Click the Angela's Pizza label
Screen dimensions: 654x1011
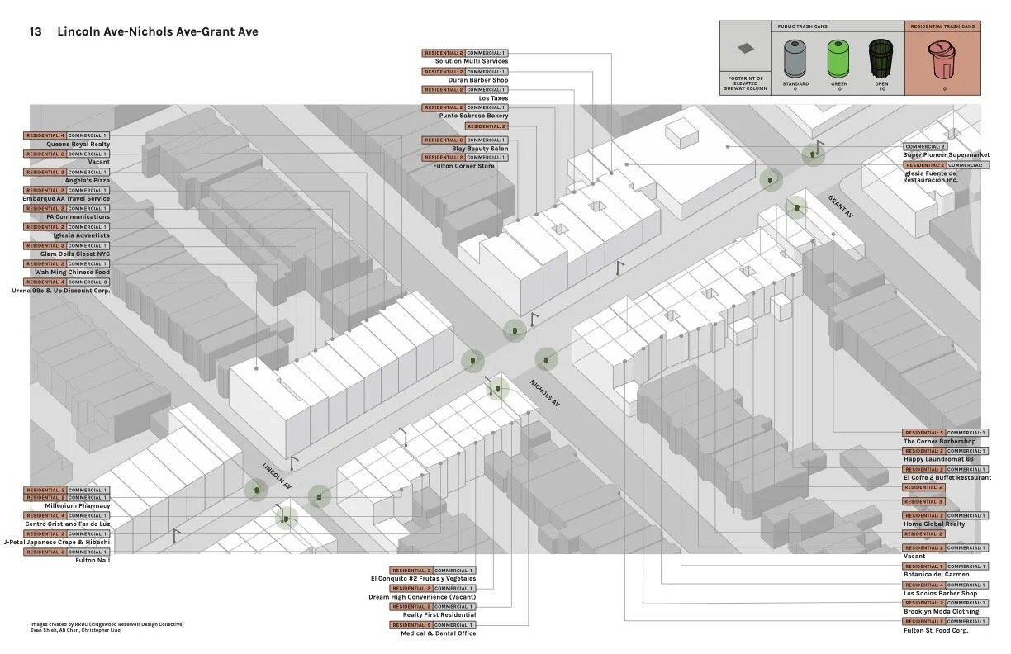(x=88, y=180)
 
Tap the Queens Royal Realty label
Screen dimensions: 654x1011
(x=78, y=144)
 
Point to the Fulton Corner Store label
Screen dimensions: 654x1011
(x=464, y=166)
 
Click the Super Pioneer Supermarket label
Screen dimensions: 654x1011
(x=946, y=155)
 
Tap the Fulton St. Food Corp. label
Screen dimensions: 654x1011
(x=935, y=631)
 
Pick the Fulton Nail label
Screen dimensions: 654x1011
(x=93, y=561)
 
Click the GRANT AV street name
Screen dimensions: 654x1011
(x=841, y=206)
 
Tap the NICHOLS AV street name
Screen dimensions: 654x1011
(x=545, y=391)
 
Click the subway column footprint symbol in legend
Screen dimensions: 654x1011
(x=746, y=49)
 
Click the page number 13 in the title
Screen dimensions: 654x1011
(x=36, y=31)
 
